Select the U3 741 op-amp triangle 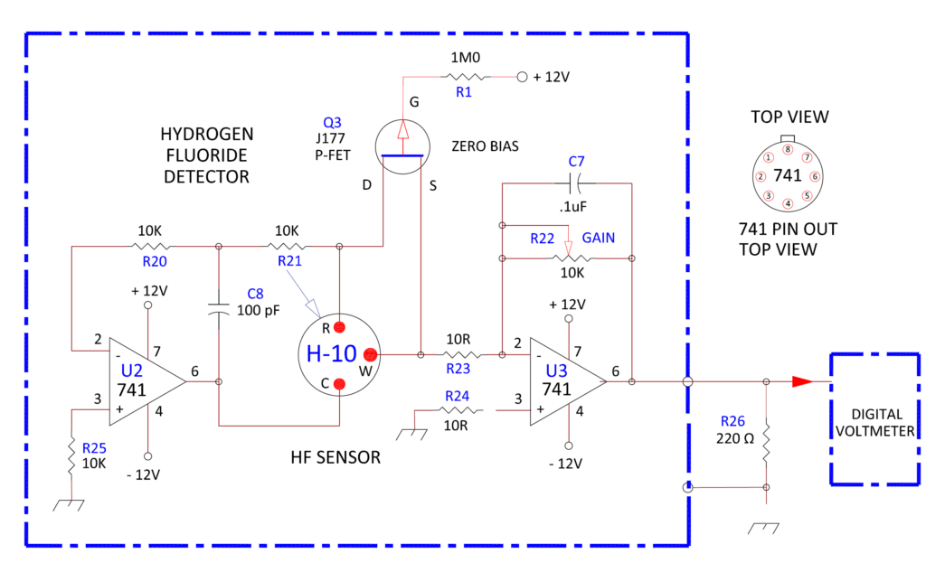pyautogui.click(x=561, y=381)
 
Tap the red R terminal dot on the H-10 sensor pyautogui.click(x=340, y=326)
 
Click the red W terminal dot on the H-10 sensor pyautogui.click(x=370, y=354)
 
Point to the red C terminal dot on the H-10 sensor pyautogui.click(x=340, y=384)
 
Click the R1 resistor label pyautogui.click(x=463, y=92)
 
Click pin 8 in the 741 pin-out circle pyautogui.click(x=788, y=150)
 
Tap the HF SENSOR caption pyautogui.click(x=330, y=458)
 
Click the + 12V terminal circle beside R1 pyautogui.click(x=522, y=78)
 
